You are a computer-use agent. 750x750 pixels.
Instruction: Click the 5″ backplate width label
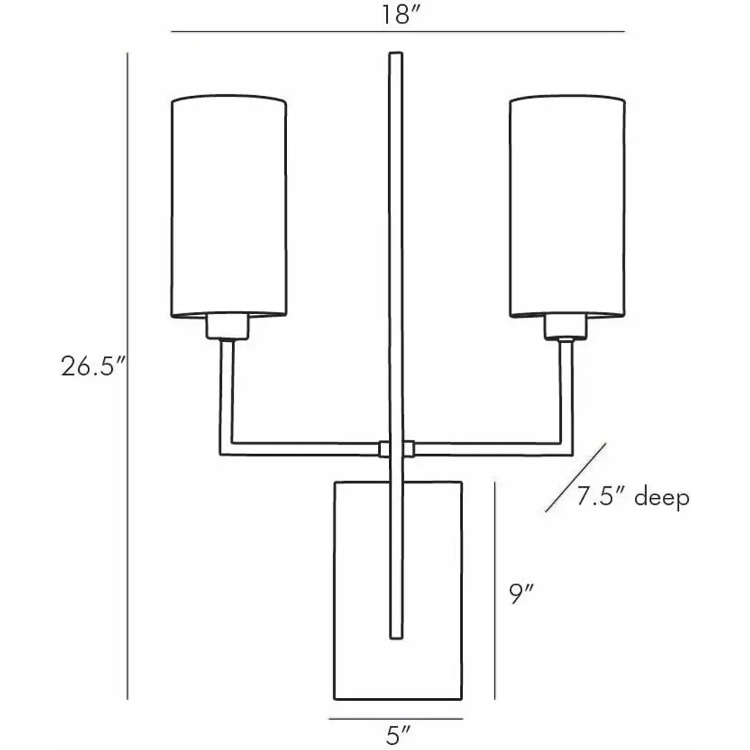pyautogui.click(x=396, y=734)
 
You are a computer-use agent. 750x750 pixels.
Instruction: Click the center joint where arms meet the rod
pyautogui.click(x=396, y=447)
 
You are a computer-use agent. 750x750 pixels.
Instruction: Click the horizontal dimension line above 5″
pyautogui.click(x=396, y=718)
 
